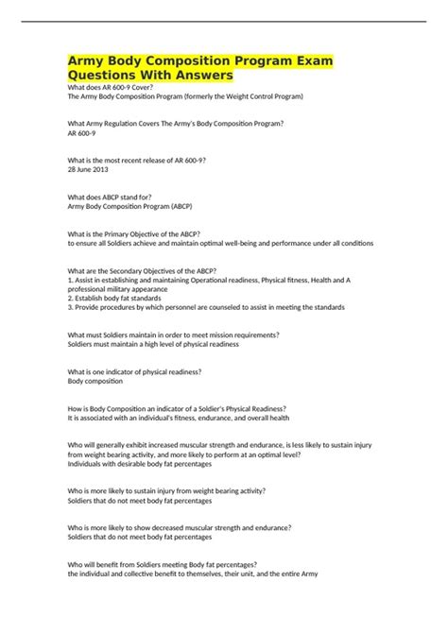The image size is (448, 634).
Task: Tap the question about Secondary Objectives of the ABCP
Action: pos(155,270)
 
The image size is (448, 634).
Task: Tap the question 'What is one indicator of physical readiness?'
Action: pos(147,371)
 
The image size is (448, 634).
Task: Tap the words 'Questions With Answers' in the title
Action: pos(149,75)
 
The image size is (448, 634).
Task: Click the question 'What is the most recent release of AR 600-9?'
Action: pos(150,160)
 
